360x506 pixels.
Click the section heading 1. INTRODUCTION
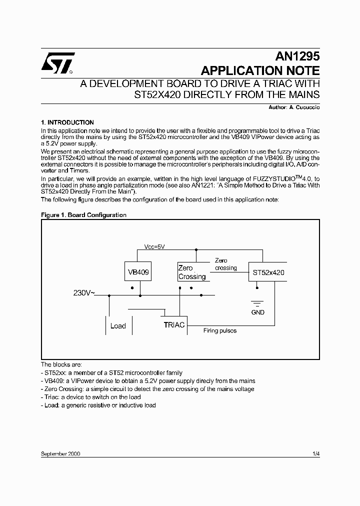[67, 122]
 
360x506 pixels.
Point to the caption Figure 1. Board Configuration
[83, 215]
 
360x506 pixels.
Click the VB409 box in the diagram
[137, 272]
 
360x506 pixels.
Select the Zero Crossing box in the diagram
[192, 272]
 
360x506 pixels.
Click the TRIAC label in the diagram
[174, 325]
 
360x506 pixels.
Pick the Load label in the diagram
[118, 326]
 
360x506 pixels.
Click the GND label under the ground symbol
[258, 312]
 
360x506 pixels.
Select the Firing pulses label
[220, 331]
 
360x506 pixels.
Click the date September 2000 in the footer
[60, 453]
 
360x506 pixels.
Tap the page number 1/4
[315, 453]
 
